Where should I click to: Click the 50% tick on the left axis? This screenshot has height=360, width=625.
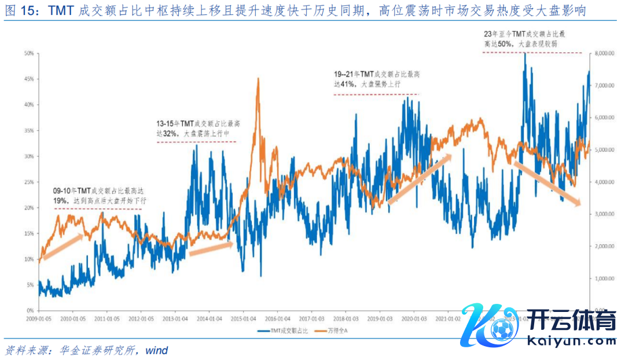tap(28, 53)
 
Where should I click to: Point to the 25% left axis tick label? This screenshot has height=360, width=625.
tap(28, 182)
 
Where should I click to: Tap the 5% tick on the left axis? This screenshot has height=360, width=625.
tap(29, 285)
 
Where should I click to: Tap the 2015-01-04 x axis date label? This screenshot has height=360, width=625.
tap(244, 318)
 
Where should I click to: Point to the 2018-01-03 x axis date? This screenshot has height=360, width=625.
tap(346, 318)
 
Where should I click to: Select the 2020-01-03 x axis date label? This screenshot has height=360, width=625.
tap(414, 318)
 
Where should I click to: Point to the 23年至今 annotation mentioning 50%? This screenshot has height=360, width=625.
tap(525, 39)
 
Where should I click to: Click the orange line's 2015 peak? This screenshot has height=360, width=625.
tap(258, 79)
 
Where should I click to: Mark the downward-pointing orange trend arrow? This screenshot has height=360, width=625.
tap(547, 183)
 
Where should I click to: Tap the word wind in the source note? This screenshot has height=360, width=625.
tap(156, 350)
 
